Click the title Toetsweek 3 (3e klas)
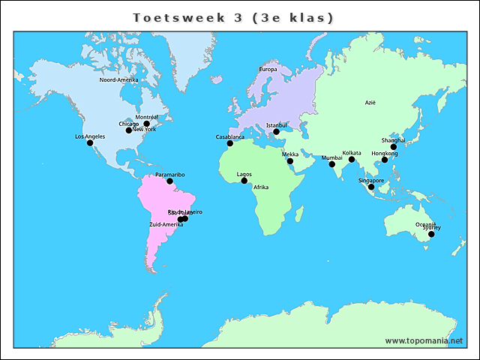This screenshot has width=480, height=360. (232, 17)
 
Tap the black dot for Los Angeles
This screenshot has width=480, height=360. (90, 142)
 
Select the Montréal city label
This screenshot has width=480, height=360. (146, 117)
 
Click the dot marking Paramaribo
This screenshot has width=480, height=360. (170, 181)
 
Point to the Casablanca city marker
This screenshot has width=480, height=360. (230, 143)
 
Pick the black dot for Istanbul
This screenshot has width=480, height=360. (276, 132)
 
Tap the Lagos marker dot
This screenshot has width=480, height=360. (244, 181)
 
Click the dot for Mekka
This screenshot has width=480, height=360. (290, 161)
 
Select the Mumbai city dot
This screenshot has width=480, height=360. (332, 164)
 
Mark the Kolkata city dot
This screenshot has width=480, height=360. (352, 159)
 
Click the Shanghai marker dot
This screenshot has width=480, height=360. (394, 147)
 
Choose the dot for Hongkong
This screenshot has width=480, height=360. (385, 160)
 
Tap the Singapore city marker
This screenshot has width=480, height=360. (371, 187)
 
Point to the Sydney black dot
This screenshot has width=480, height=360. (431, 235)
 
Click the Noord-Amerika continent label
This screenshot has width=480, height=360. (118, 79)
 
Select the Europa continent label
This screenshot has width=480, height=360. (268, 70)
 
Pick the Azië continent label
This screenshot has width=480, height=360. (370, 103)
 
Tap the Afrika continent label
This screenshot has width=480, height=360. (260, 187)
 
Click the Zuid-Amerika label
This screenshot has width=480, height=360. (166, 224)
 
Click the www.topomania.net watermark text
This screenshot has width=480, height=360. (424, 340)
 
